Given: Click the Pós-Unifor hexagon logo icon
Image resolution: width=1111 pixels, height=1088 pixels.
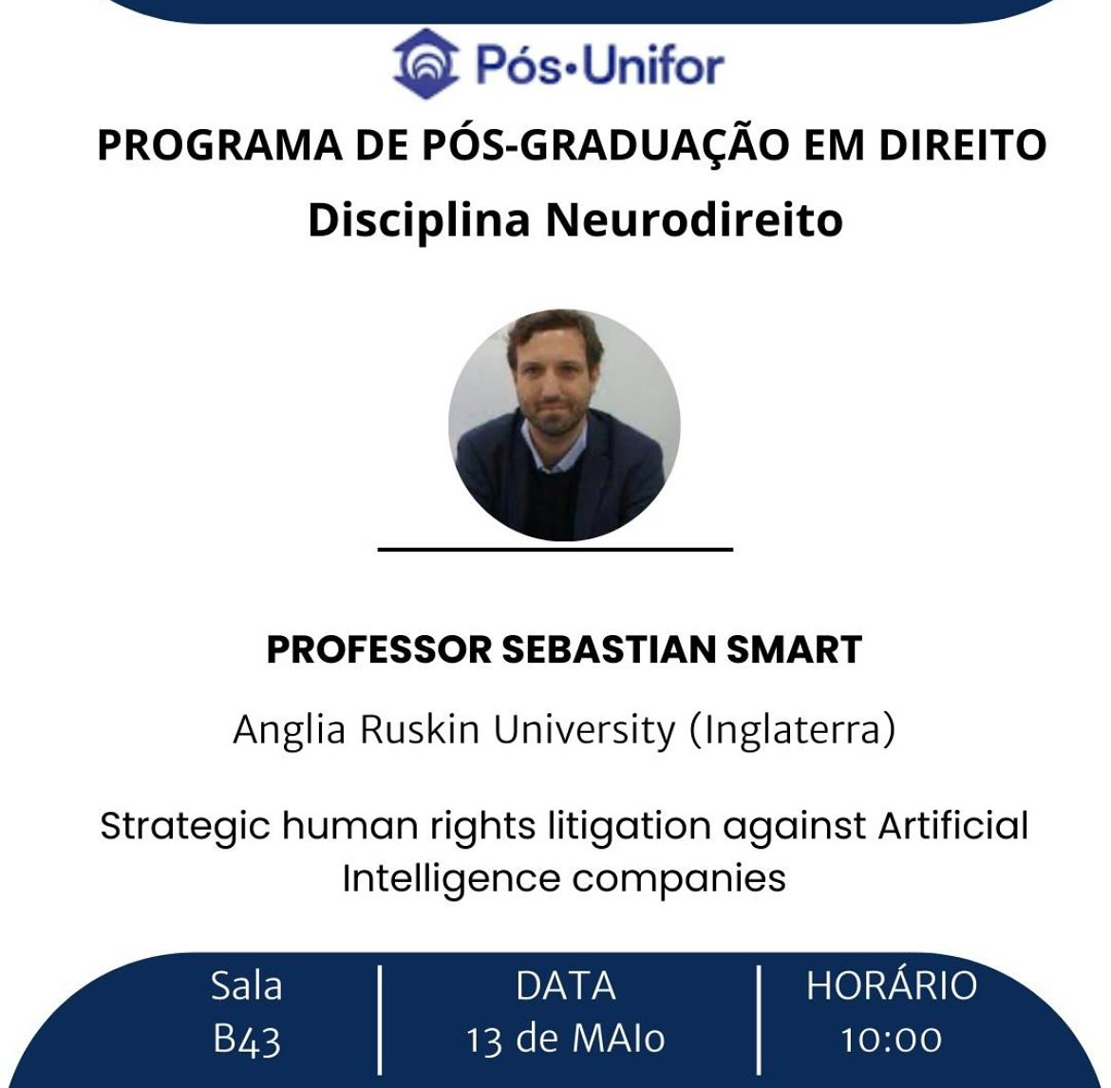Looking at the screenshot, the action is point(425,64).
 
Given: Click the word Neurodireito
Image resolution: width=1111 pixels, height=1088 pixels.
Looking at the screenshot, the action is point(694,219).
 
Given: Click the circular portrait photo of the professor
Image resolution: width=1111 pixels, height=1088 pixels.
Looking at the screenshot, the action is point(564,425).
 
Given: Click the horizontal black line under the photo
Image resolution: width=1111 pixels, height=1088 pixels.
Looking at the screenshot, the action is point(555,548).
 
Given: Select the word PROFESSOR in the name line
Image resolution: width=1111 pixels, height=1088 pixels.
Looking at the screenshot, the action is point(379,648).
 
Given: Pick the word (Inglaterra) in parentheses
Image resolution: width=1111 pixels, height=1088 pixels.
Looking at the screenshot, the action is point(792,730).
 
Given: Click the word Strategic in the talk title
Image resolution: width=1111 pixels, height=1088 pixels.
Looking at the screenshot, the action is point(185,827).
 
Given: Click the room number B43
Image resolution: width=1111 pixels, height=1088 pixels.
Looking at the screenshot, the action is point(247,1041).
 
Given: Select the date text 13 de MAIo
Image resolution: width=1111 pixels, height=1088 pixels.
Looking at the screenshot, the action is point(565,1040).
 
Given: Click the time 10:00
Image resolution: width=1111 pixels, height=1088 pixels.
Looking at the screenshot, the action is point(891,1041).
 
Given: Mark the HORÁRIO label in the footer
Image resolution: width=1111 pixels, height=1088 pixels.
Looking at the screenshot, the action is point(892,984).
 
